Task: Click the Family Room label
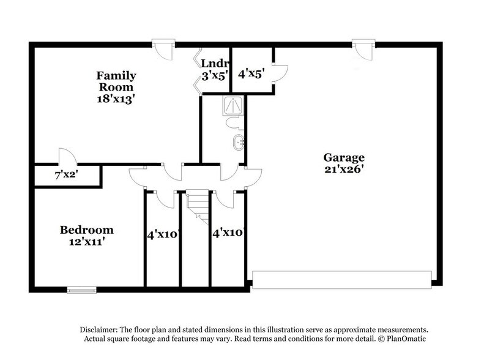click(x=116, y=81)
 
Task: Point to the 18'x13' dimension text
click(x=116, y=98)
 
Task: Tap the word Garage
click(x=344, y=157)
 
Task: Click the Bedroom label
click(x=86, y=230)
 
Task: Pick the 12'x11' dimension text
click(x=86, y=242)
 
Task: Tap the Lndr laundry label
click(x=215, y=63)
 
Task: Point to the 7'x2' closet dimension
click(x=65, y=175)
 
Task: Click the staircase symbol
click(x=196, y=204)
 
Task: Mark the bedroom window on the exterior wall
click(x=81, y=290)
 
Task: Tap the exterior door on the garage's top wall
click(x=363, y=49)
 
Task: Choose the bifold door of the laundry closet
click(x=197, y=69)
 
